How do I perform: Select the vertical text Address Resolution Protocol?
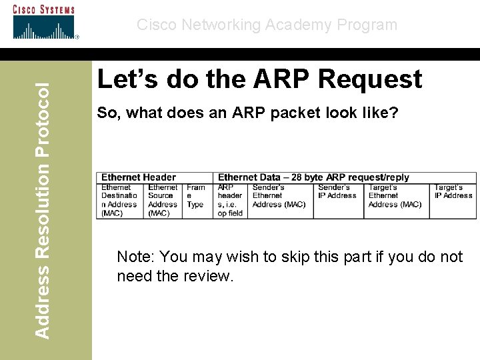coord(41,209)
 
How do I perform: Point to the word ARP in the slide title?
coord(281,79)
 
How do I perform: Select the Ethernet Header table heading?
coord(139,177)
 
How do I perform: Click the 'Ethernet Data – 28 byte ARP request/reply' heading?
coord(313,177)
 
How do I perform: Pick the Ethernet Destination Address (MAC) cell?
coord(119,200)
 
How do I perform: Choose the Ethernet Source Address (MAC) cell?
coord(163,200)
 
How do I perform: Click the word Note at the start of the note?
coord(135,257)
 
